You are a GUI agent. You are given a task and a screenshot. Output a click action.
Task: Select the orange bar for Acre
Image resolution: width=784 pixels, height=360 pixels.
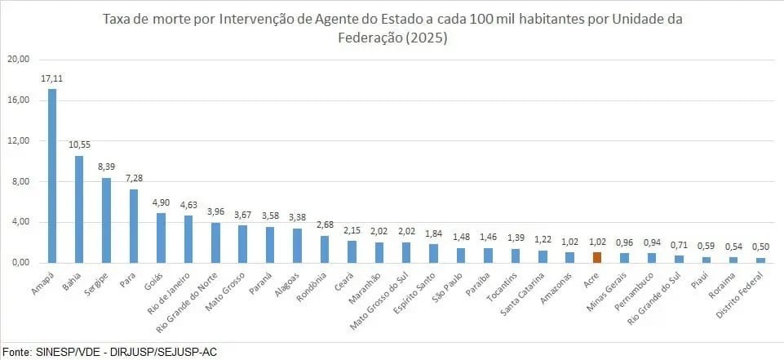596,257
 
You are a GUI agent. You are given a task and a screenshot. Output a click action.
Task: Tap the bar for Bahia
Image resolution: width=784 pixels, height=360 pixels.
79,209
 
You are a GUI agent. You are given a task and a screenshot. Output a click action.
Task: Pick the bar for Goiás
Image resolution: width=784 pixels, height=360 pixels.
161,238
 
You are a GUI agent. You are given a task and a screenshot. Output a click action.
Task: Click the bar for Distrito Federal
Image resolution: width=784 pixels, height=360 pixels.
760,260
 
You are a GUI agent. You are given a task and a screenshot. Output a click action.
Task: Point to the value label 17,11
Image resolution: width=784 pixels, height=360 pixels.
51,78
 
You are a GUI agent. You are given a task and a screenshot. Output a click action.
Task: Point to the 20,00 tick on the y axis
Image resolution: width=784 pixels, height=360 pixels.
19,60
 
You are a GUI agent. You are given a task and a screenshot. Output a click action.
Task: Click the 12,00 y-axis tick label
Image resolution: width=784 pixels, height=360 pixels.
19,140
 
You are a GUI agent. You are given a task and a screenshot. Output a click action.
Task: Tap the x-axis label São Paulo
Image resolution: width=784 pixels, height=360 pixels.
448,286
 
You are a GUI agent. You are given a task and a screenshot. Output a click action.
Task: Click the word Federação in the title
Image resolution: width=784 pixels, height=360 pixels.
363,38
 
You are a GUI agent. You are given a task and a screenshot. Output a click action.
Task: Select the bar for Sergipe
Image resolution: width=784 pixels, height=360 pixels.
106,220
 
